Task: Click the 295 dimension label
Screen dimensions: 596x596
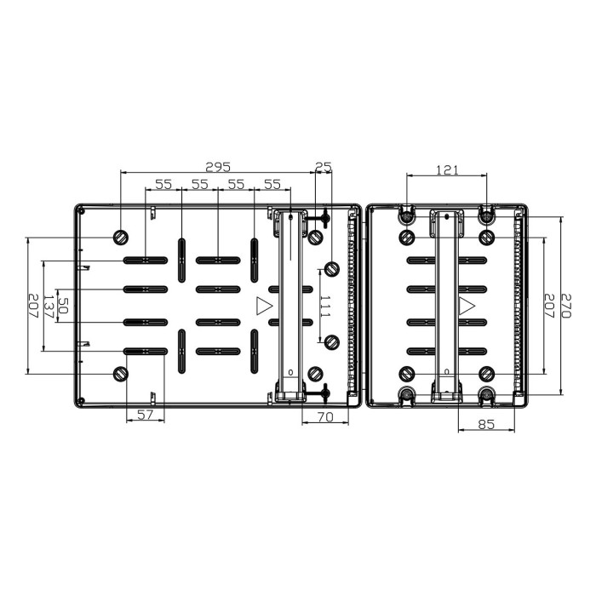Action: point(219,167)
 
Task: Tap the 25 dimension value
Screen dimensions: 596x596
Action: point(323,167)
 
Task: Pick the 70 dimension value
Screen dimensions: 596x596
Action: point(324,416)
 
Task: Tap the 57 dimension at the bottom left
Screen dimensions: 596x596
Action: point(145,415)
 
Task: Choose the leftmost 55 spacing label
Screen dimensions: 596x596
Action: point(163,184)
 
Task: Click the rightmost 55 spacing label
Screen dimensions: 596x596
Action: point(272,184)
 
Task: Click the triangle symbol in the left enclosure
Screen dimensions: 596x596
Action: point(264,306)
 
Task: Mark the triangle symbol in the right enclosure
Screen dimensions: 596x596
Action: point(467,306)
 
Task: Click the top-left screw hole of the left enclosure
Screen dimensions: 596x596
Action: point(121,236)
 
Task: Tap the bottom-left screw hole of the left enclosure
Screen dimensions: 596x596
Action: point(121,374)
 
